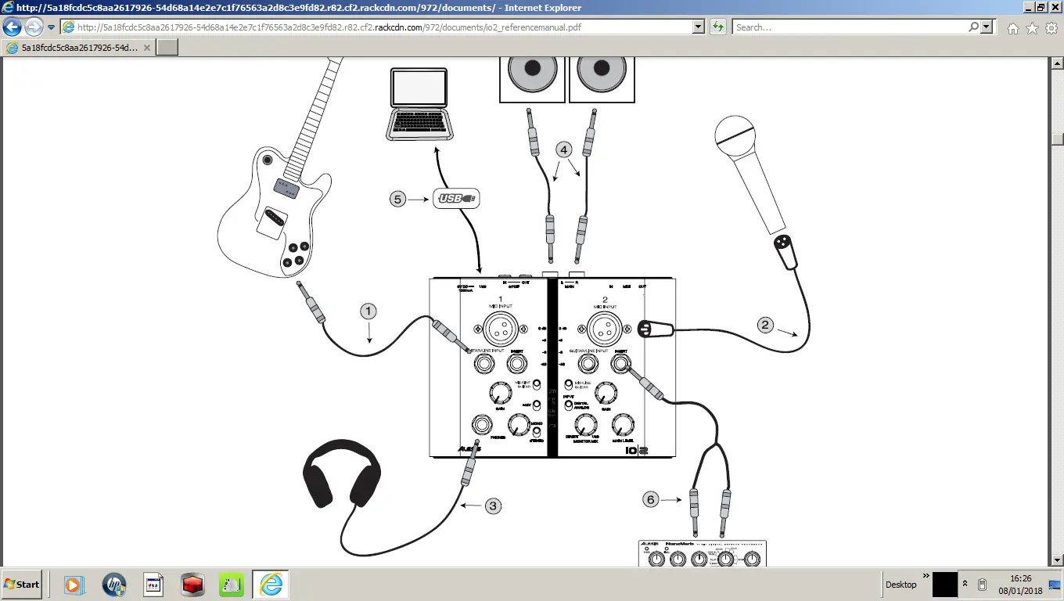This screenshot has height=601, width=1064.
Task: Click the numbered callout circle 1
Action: [368, 311]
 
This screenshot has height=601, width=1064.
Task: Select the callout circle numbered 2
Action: [766, 323]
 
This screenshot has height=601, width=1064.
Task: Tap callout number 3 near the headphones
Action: [492, 506]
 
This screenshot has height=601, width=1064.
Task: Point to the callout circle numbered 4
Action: [564, 149]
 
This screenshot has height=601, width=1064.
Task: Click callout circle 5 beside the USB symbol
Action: [398, 199]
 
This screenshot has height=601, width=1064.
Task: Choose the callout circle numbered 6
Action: [651, 498]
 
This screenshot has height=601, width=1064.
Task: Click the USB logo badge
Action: [456, 199]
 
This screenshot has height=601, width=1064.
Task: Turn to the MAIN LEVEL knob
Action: [622, 425]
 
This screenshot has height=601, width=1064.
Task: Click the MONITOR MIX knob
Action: [584, 425]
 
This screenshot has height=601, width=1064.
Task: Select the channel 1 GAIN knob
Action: [499, 393]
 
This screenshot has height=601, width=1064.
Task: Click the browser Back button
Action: [13, 27]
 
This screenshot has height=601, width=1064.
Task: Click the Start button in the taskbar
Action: [22, 585]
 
